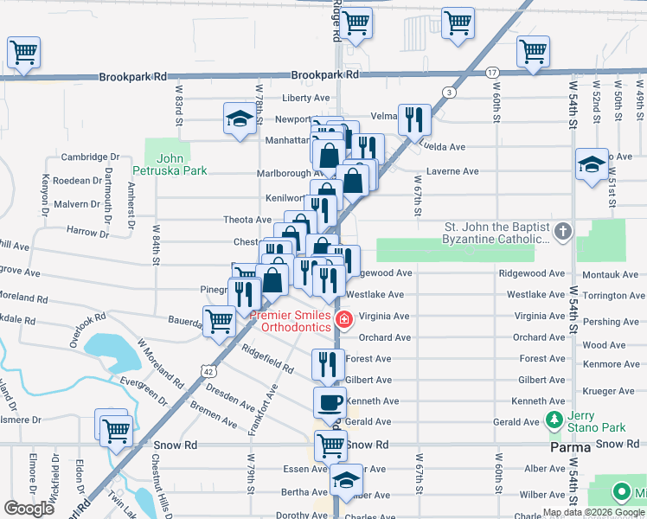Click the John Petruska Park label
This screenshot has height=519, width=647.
coord(170,164)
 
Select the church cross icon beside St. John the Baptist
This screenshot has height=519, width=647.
coord(563,231)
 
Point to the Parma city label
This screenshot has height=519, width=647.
coord(570,448)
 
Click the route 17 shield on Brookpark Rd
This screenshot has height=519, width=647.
coord(491,72)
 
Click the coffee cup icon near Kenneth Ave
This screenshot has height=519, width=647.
coord(330,401)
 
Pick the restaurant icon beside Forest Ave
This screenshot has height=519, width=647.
coord(327,363)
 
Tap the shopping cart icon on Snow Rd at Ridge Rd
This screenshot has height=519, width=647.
coord(330,445)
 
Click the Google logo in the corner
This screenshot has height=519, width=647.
coord(29,508)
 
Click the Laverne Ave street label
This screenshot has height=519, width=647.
coord(452,171)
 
